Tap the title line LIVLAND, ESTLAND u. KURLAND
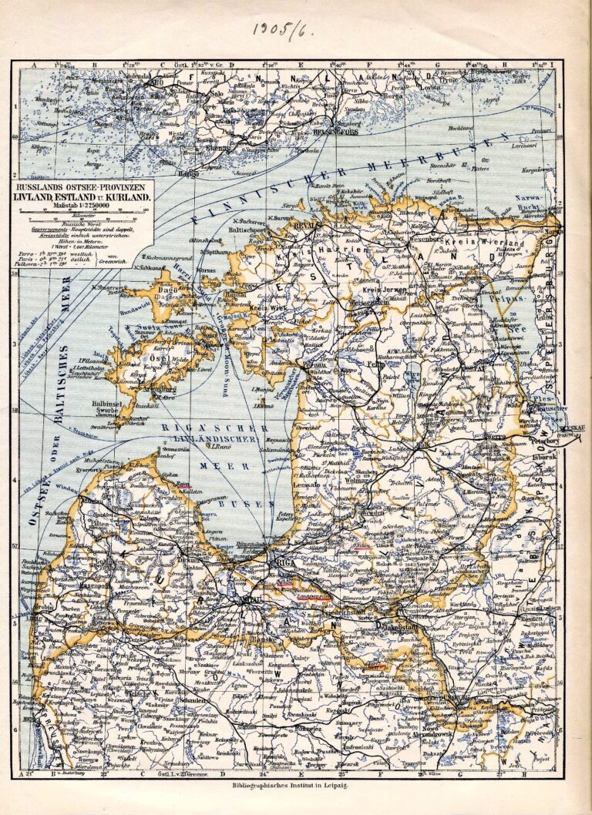click(x=81, y=196)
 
